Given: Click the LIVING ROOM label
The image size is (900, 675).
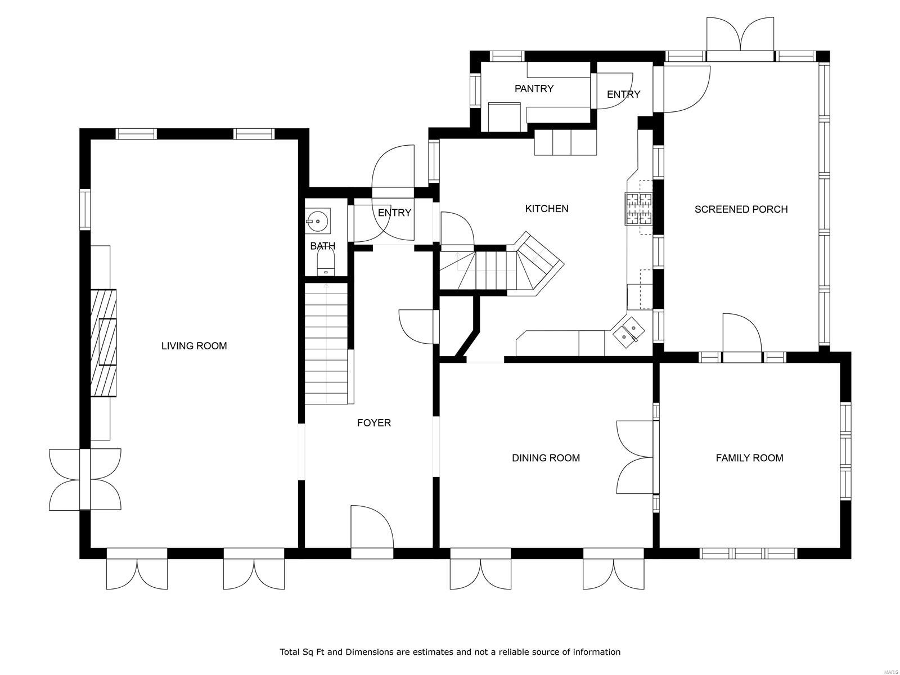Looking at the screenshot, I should point(194,346).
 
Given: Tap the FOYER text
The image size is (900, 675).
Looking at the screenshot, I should point(373,423).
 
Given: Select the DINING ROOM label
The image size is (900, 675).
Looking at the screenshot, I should point(546,458).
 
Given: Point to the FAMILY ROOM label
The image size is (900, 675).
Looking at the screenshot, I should point(749,458).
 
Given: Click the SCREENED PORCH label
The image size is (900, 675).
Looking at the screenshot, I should point(741,209).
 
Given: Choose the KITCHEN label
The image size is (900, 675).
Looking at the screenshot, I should point(546,209).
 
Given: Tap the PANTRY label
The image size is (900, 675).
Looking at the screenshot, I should point(534,89).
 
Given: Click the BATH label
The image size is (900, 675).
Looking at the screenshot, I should point(322,246).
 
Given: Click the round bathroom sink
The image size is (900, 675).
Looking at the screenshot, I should point(318,222).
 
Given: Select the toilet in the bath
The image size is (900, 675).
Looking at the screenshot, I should point(326,263).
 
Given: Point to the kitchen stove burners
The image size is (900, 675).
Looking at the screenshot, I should point(638,208).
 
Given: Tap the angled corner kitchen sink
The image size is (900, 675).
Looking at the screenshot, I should point(628,331).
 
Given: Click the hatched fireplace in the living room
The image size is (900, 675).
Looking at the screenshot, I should point(104,343).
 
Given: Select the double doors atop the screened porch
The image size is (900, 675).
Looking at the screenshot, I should point(740,35).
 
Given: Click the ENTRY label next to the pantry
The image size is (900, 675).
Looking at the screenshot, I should point(623,94).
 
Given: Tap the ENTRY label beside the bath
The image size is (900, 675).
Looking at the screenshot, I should point(394,213).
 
